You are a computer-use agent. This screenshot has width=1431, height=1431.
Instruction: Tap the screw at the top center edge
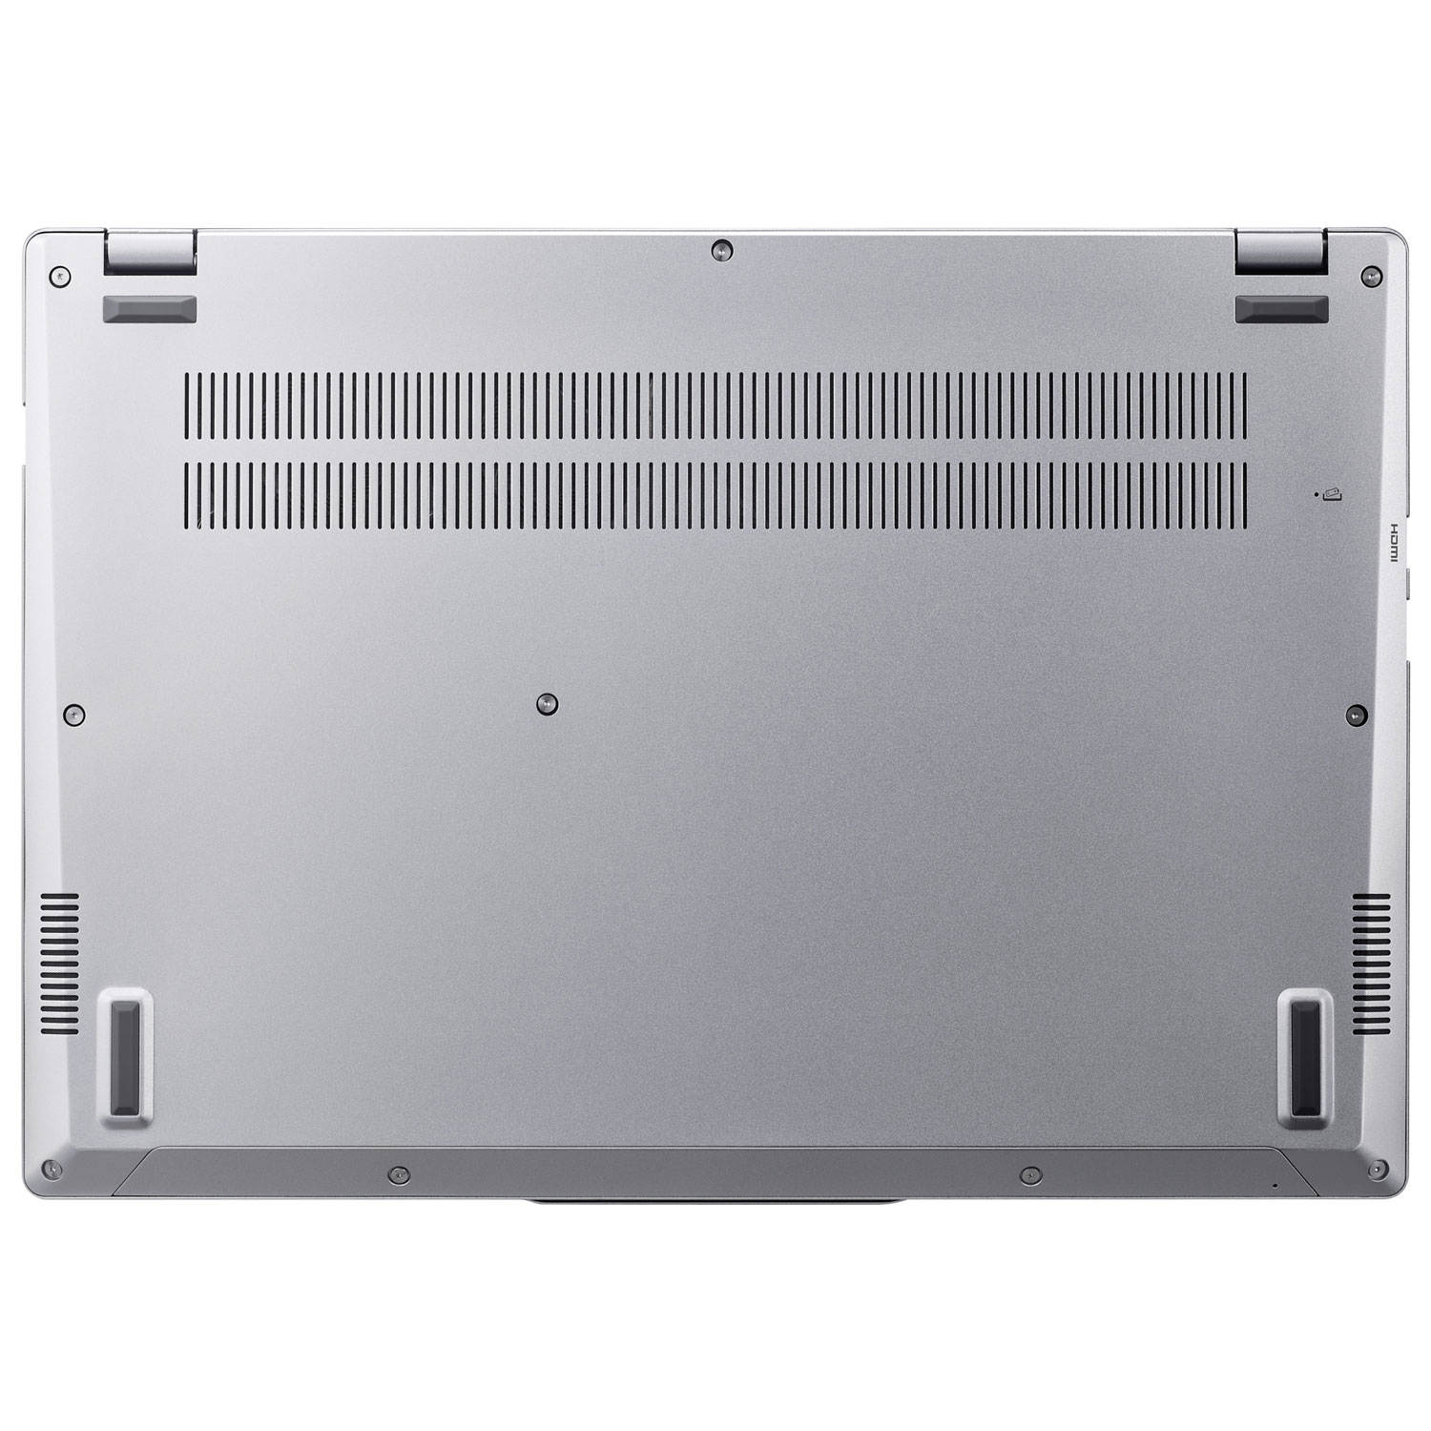[x=721, y=250]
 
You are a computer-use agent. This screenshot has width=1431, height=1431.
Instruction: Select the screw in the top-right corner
[x=1369, y=275]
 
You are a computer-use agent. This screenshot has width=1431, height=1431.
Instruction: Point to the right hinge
[x=1279, y=250]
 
